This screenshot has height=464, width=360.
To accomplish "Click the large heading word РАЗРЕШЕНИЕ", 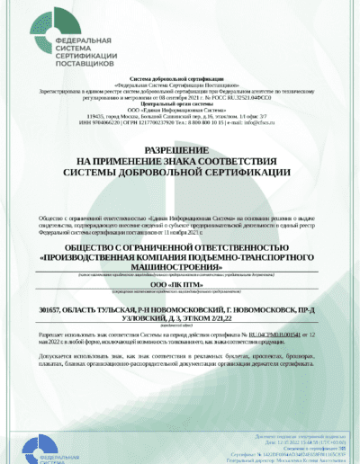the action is point(179,149).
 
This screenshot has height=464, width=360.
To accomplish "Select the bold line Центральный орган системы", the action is point(180,103).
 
